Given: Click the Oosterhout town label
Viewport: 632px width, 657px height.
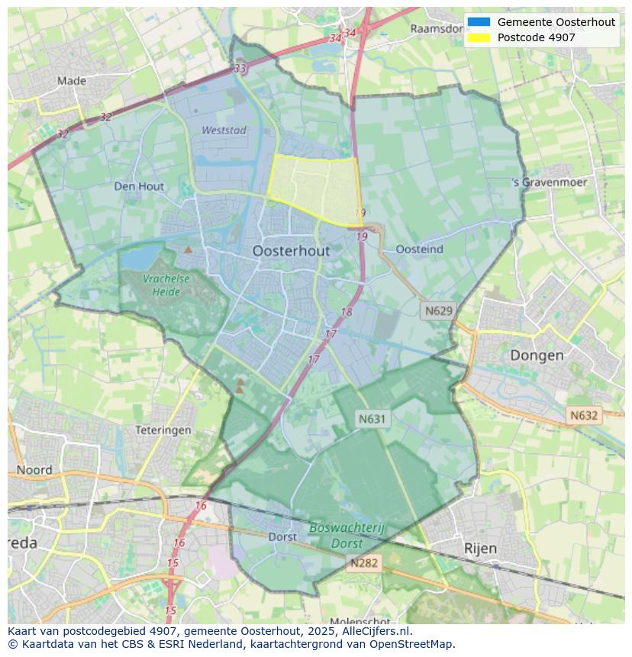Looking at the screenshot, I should (x=291, y=251).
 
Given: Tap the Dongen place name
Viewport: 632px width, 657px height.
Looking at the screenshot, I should (x=537, y=355).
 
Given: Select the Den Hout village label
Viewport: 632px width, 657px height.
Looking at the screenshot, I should (x=139, y=186).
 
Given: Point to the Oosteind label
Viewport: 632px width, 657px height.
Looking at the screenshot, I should (x=420, y=250).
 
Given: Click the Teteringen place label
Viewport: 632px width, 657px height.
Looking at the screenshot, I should (x=163, y=430).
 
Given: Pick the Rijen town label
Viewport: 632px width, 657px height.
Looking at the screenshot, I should (x=480, y=548).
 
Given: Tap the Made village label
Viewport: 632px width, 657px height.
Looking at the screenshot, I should (x=72, y=81).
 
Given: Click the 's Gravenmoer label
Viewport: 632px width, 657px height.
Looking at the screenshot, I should (x=550, y=183).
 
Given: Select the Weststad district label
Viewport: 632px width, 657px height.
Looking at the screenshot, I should (x=224, y=130).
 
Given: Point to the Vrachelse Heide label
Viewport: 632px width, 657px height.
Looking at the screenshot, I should (x=166, y=285).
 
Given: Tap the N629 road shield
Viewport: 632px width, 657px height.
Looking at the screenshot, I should (x=438, y=311).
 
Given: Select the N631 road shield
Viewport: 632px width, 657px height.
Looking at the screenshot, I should (x=372, y=418).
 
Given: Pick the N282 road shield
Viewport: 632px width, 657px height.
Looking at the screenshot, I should (x=363, y=563).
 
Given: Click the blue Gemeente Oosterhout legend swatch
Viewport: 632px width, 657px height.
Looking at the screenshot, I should (x=479, y=22).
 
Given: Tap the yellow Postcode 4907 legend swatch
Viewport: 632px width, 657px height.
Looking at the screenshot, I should (x=479, y=37).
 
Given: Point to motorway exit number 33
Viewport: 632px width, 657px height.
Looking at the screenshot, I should (x=240, y=69).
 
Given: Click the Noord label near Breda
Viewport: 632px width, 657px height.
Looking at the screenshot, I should (x=34, y=470).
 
